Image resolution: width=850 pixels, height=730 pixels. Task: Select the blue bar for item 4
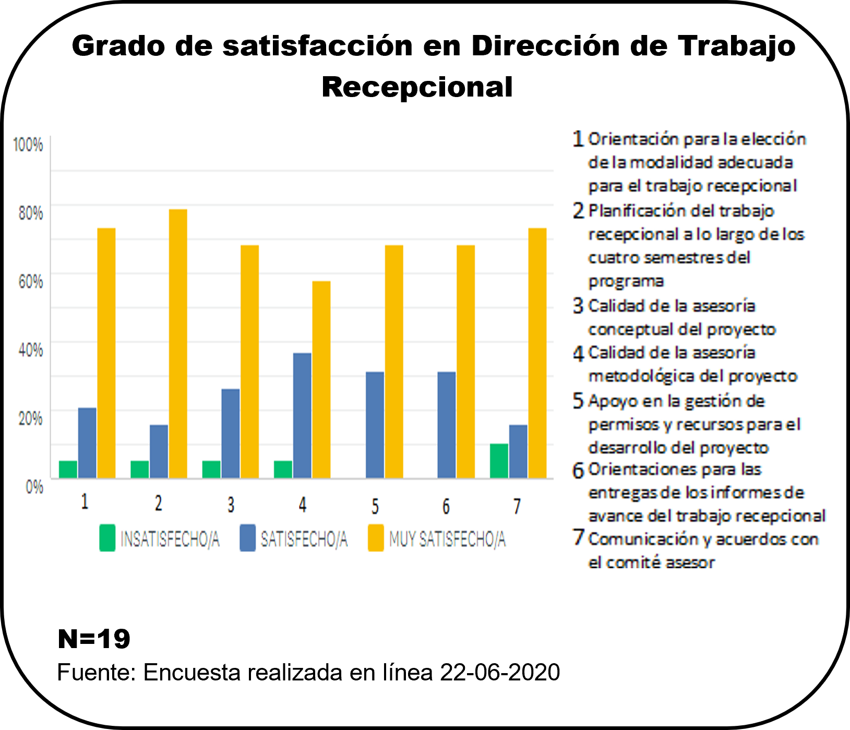[302, 415]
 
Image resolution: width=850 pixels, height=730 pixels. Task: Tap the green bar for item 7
[499, 461]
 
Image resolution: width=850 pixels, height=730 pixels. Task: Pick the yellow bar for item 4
[321, 379]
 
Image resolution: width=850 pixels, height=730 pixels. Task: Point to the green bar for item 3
[211, 469]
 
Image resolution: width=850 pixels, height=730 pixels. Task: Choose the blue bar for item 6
[447, 425]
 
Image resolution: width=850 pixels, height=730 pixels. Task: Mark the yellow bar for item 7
[537, 353]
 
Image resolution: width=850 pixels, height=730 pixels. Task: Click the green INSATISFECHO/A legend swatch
[107, 538]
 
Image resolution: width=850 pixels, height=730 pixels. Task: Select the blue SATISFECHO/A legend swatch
[247, 538]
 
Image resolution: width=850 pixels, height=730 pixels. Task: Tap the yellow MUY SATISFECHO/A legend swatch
[376, 538]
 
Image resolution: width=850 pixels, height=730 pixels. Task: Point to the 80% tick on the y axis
[31, 213]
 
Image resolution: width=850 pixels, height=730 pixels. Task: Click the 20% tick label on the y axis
[31, 418]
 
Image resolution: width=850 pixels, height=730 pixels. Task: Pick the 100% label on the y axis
[28, 145]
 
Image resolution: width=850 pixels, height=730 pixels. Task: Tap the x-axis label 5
[375, 506]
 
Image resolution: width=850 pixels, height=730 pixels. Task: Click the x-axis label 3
[231, 505]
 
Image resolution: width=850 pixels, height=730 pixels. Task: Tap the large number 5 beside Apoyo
[578, 401]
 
